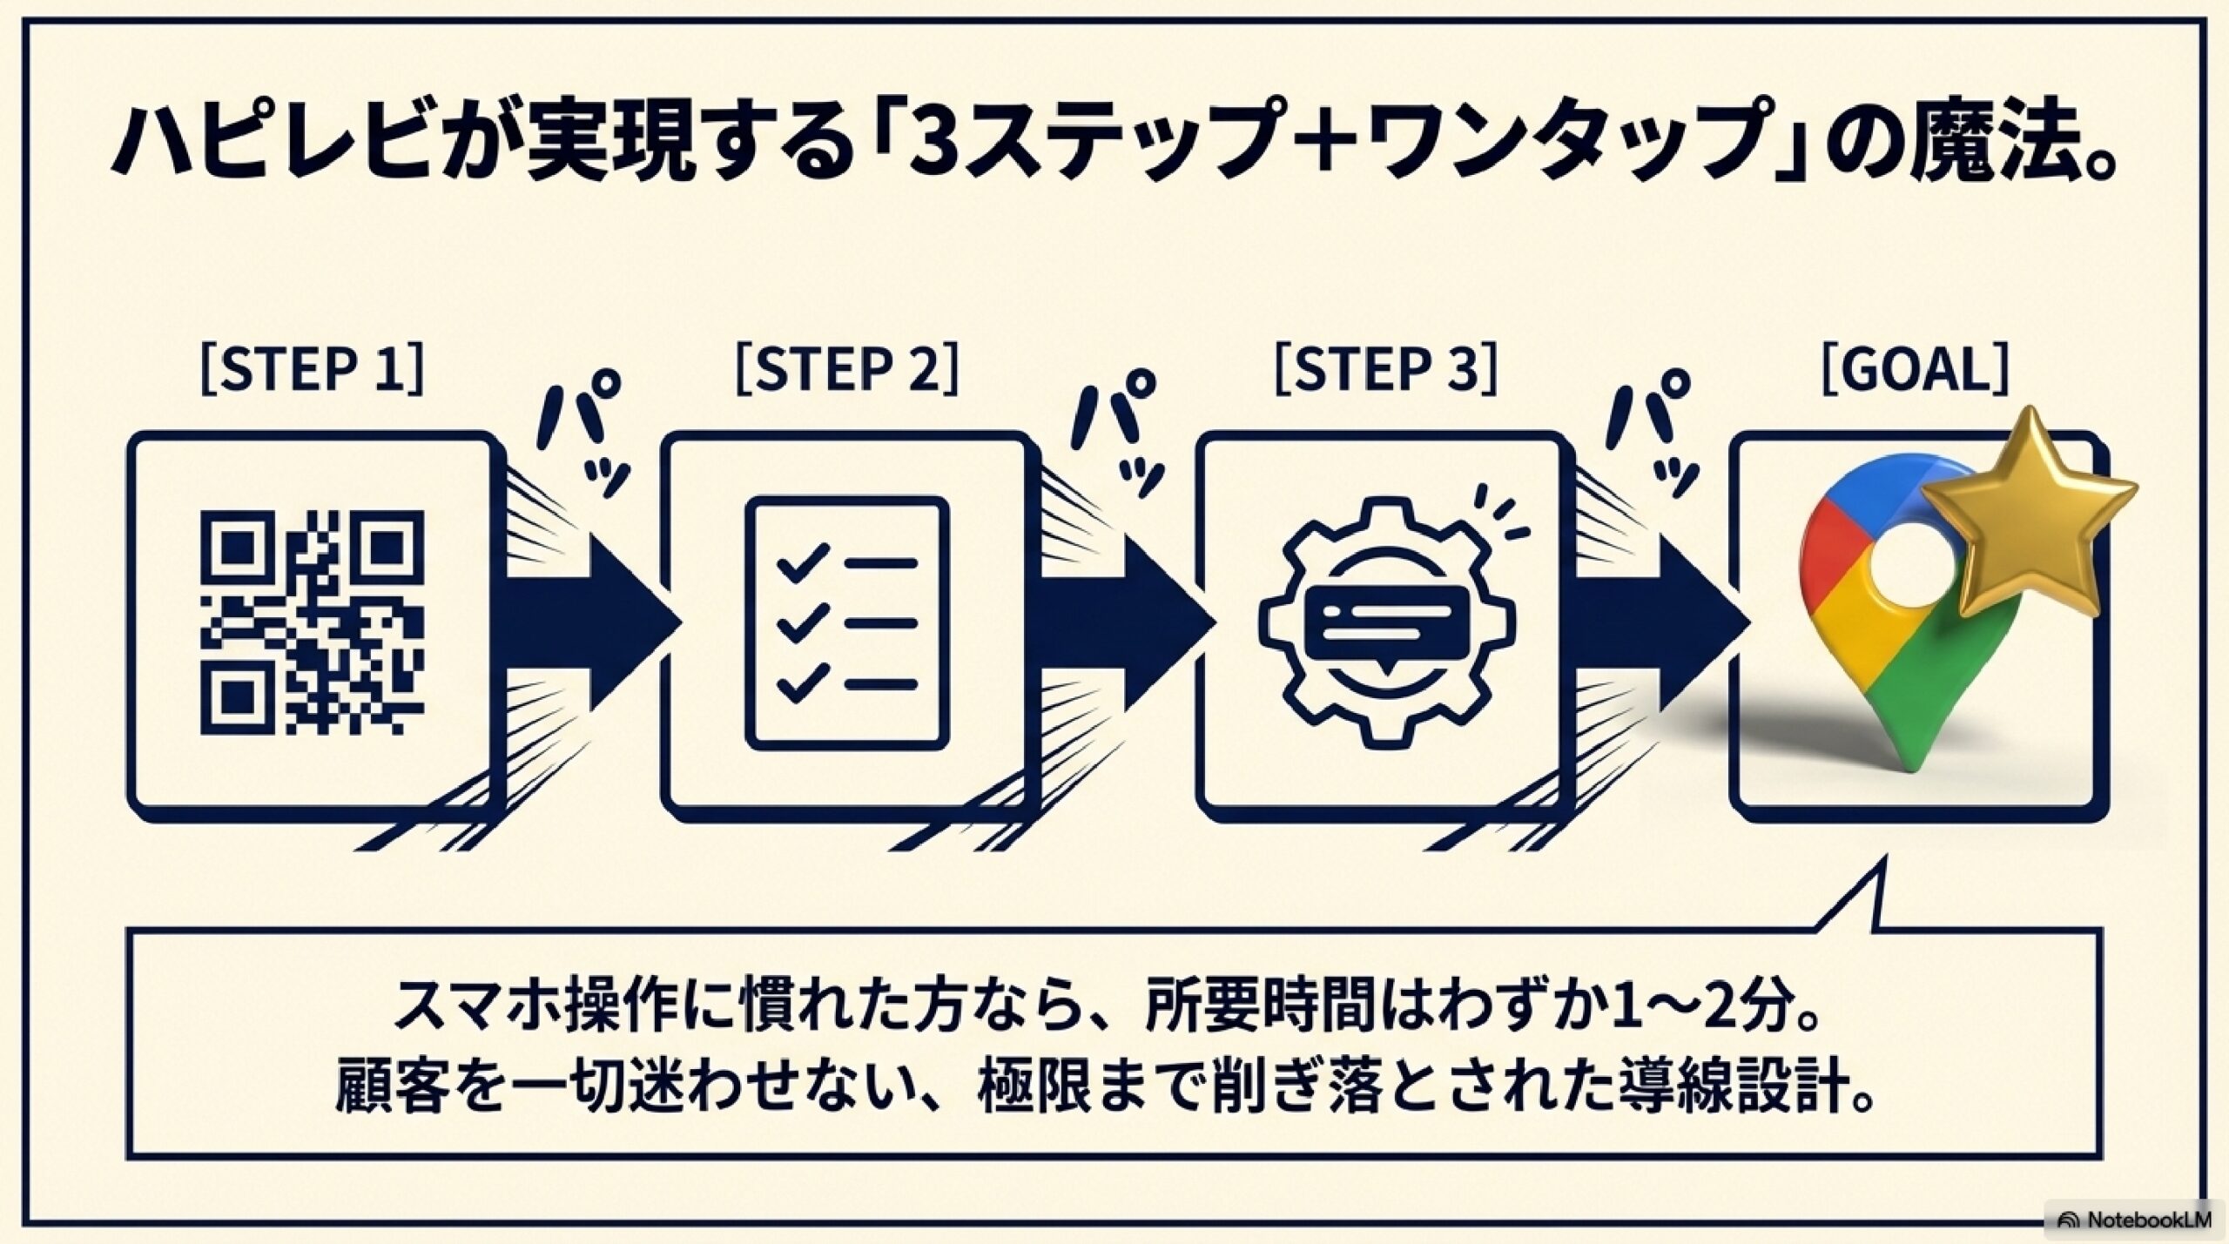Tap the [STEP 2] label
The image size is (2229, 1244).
[x=847, y=370]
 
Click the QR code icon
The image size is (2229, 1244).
[x=313, y=622]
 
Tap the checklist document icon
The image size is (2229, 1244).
[x=846, y=622]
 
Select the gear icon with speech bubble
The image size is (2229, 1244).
[x=1386, y=622]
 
